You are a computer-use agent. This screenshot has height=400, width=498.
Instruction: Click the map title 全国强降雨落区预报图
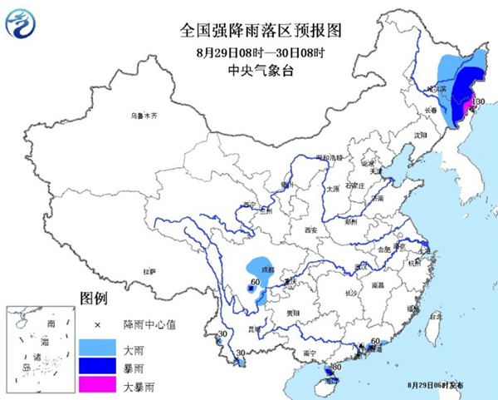[x=249, y=32]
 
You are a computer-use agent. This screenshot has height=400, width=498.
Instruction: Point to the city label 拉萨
[x=149, y=271]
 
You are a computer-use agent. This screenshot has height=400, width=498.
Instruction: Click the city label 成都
[x=266, y=269]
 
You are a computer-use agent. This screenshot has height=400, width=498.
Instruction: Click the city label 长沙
[x=351, y=292]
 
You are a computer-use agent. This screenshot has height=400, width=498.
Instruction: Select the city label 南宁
[x=310, y=353]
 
